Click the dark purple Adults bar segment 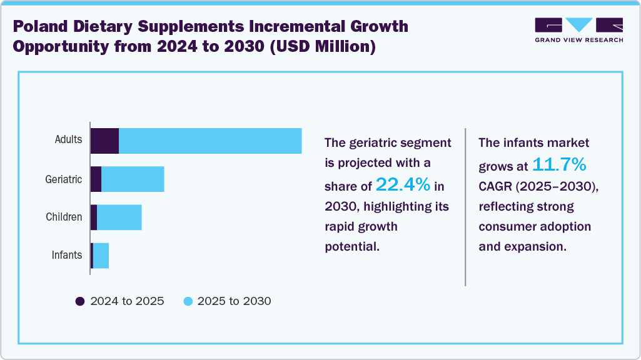click(x=104, y=141)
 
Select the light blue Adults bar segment click(x=210, y=141)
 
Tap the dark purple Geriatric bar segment click(x=96, y=179)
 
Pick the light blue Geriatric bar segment click(x=133, y=179)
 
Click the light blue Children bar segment click(x=119, y=217)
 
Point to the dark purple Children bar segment click(x=94, y=217)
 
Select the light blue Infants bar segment click(x=101, y=256)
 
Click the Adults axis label click(x=68, y=139)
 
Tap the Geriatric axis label click(x=63, y=179)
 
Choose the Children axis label click(x=64, y=217)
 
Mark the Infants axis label click(x=66, y=255)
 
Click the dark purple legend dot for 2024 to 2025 click(x=80, y=301)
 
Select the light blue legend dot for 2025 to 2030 click(x=188, y=301)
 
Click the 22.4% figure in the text click(x=403, y=184)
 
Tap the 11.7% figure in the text click(x=559, y=165)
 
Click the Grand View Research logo click(x=578, y=29)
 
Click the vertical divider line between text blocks click(x=465, y=206)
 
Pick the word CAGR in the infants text click(x=496, y=186)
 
